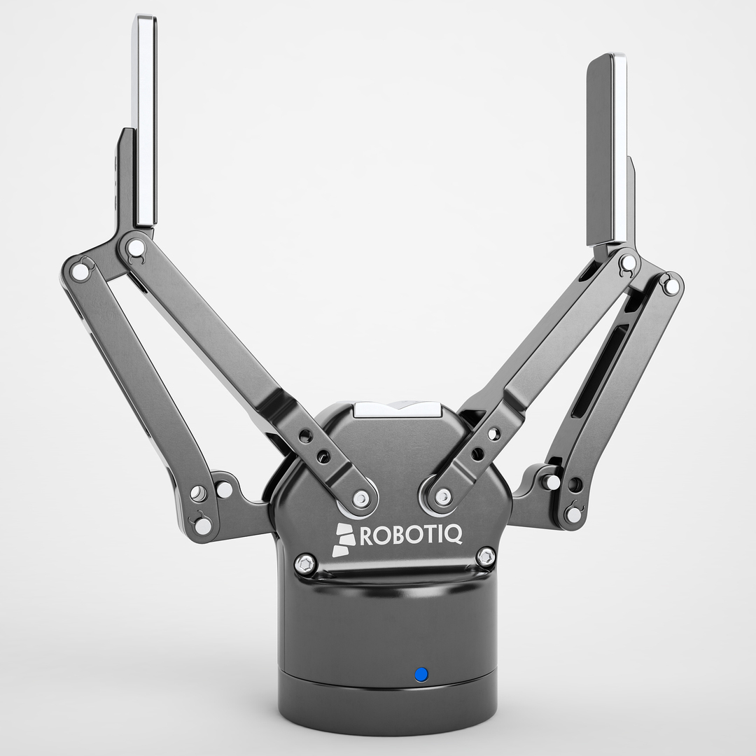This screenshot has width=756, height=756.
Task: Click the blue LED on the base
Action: [x=421, y=674]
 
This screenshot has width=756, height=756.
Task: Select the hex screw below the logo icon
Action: [x=305, y=562]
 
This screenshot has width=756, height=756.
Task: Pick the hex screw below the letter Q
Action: [x=485, y=558]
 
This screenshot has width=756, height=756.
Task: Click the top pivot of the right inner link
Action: [x=628, y=262]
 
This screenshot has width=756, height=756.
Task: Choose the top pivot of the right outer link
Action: [x=671, y=286]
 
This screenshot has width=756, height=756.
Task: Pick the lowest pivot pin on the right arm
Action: [x=573, y=514]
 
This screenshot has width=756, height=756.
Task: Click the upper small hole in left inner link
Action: [x=305, y=437]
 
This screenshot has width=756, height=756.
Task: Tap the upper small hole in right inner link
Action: [x=496, y=435]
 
